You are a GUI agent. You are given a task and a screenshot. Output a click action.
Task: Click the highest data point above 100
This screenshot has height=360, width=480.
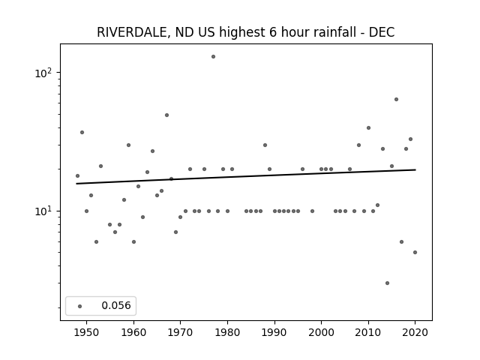(213, 57)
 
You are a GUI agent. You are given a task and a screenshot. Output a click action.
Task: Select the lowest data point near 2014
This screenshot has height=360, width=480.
(387, 283)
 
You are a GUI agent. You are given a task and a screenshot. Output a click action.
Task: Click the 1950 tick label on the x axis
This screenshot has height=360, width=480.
(87, 332)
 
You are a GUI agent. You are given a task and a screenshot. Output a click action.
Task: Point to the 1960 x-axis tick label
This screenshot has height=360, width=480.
(133, 332)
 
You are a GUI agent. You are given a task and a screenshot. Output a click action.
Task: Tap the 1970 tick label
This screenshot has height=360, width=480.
(180, 332)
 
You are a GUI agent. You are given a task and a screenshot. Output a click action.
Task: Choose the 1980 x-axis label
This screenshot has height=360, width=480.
(227, 332)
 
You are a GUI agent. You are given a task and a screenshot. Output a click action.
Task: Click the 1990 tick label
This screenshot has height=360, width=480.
(274, 332)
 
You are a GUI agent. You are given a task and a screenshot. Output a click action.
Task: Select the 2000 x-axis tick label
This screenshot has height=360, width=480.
(322, 332)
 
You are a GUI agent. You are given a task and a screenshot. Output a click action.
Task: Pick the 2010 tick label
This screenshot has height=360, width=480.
(368, 332)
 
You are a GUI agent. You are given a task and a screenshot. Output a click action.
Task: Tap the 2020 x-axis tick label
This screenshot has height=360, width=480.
(415, 332)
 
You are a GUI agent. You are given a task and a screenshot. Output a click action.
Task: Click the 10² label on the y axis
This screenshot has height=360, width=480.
(45, 73)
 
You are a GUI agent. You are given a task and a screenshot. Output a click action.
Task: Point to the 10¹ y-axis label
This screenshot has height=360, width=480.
(45, 211)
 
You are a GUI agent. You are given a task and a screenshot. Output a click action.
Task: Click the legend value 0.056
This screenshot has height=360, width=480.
(116, 305)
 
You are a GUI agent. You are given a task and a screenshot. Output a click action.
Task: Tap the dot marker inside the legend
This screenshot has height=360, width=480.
(80, 306)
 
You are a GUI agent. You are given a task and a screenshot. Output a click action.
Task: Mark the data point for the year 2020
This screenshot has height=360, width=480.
(415, 252)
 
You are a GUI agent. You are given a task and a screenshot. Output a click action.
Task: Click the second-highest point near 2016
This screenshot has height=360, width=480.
(397, 100)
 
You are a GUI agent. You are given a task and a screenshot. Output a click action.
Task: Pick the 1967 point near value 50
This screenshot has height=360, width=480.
(166, 115)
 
